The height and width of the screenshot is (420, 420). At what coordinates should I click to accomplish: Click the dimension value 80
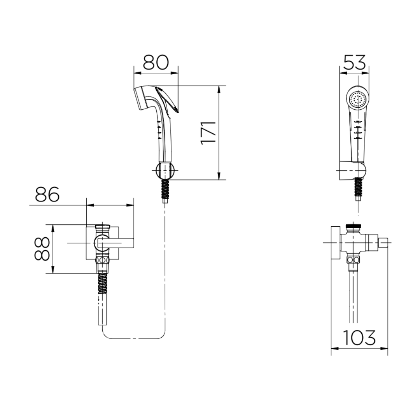pyautogui.click(x=156, y=62)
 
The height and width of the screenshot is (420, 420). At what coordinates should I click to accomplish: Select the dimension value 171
pyautogui.click(x=208, y=133)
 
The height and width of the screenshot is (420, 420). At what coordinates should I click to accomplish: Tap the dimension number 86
pyautogui.click(x=47, y=194)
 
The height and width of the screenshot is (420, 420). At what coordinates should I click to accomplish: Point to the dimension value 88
pyautogui.click(x=42, y=249)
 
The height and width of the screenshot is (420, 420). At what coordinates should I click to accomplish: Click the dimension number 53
pyautogui.click(x=354, y=62)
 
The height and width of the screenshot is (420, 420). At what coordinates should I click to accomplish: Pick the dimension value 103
pyautogui.click(x=359, y=338)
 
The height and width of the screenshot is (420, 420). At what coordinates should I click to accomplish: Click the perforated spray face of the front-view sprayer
pyautogui.click(x=358, y=100)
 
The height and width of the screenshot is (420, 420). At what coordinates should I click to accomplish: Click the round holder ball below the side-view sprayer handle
pyautogui.click(x=165, y=170)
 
